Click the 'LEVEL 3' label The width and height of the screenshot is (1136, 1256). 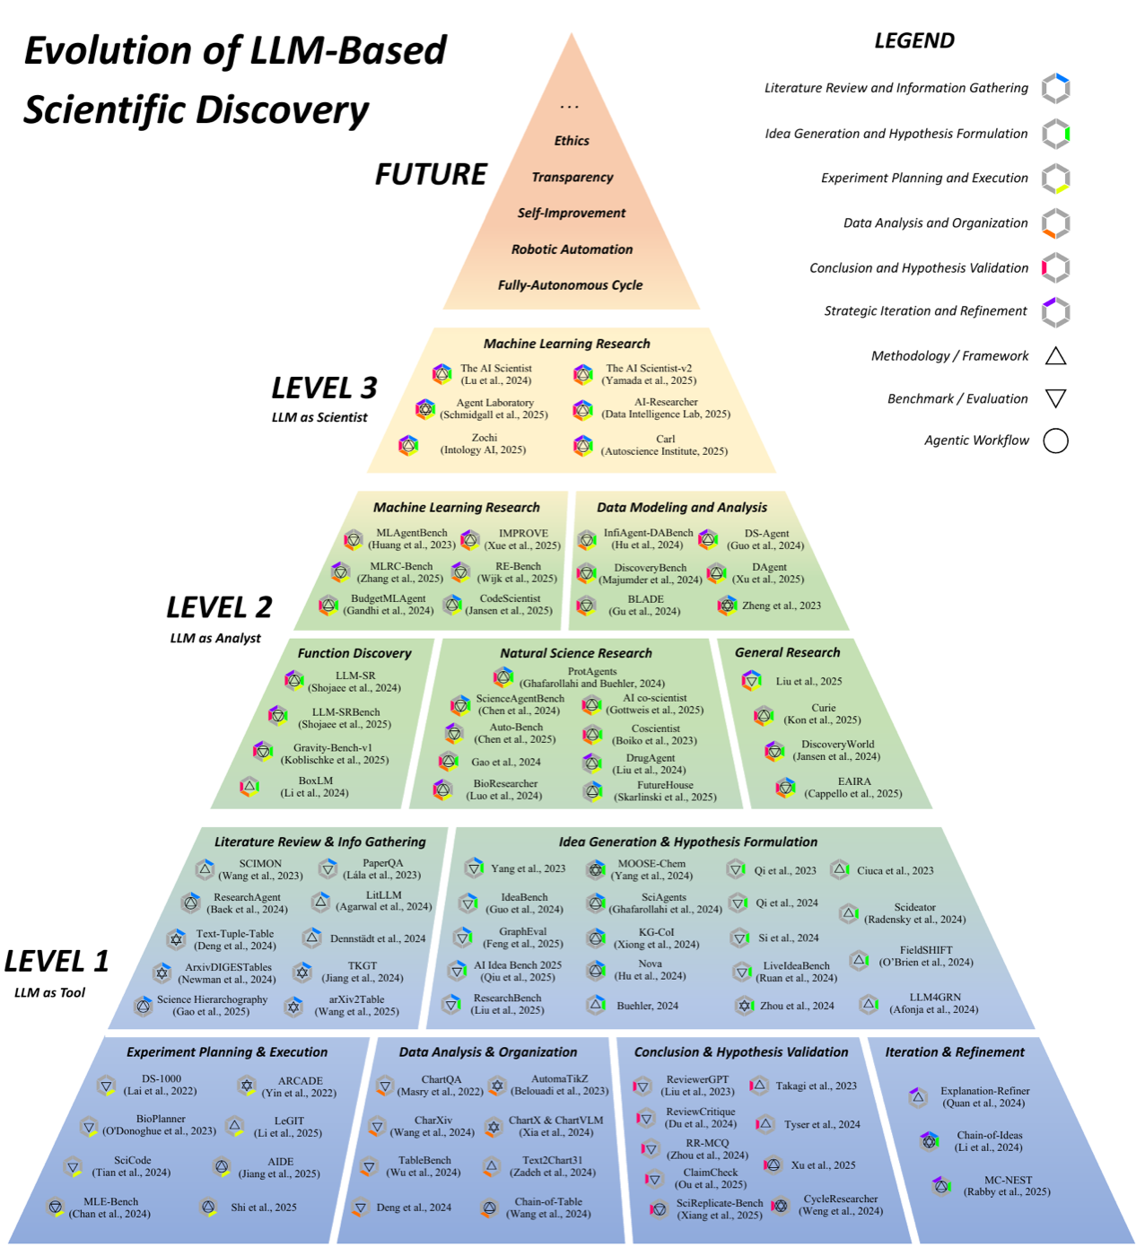click(324, 388)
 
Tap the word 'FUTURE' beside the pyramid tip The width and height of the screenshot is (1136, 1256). click(430, 174)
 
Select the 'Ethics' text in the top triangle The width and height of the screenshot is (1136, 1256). click(571, 140)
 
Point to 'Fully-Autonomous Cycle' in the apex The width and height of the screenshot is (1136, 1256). click(570, 285)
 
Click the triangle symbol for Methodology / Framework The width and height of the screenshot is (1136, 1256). click(1055, 355)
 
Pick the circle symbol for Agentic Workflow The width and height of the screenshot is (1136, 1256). click(1055, 440)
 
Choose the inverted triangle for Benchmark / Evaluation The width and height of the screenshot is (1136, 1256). click(1055, 399)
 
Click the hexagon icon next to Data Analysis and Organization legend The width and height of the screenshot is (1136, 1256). click(1055, 223)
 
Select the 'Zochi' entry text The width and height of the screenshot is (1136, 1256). click(484, 443)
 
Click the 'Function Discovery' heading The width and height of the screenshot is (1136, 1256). click(354, 653)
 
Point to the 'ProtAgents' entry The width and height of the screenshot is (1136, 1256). click(592, 676)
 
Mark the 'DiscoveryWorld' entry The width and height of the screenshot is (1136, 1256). click(836, 749)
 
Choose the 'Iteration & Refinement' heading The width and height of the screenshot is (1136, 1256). click(955, 1051)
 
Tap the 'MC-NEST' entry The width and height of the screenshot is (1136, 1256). click(1007, 1185)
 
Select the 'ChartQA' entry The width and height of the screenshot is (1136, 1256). click(441, 1085)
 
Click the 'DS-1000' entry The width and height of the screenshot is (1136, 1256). click(161, 1085)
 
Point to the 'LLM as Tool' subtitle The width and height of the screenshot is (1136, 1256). click(49, 992)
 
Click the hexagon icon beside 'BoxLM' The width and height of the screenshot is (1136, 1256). click(249, 787)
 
